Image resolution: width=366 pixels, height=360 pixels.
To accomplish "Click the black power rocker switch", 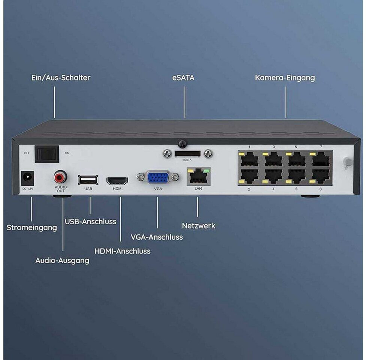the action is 47,154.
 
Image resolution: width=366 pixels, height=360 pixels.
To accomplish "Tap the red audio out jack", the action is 60,177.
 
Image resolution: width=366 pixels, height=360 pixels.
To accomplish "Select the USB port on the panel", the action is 88,180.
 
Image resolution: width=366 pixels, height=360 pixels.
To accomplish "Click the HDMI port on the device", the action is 117,181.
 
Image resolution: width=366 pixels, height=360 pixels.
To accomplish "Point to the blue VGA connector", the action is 158,177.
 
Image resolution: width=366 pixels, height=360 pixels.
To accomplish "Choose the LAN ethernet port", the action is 199,177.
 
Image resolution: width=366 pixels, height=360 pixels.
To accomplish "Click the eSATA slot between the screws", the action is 187,154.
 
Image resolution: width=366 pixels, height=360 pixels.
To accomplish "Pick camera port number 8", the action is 321,177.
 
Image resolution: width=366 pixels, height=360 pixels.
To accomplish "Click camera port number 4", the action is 273,177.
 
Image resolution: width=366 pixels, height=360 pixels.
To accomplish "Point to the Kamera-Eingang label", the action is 285,78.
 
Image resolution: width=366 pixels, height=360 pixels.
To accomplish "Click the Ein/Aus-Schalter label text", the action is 61,78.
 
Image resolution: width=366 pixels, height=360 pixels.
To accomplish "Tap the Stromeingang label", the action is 32,228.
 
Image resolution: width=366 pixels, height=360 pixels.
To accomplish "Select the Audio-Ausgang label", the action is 62,261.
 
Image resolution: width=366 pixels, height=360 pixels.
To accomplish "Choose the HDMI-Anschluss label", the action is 122,251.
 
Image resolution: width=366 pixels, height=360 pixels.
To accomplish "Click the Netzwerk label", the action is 199,226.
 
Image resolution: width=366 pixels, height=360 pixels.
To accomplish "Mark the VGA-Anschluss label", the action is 157,237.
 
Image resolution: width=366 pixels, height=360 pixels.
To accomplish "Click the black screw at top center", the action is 182,144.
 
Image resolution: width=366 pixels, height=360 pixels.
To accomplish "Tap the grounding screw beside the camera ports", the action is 348,162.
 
